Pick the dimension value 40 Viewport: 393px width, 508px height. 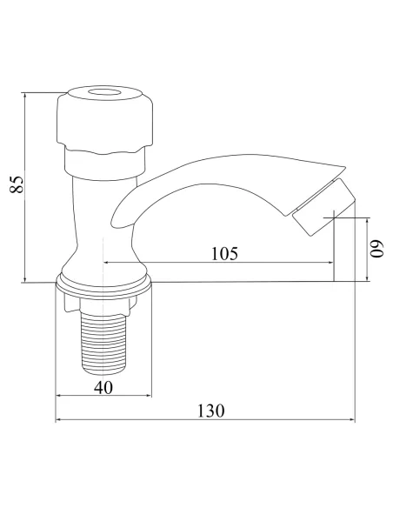point(103,388)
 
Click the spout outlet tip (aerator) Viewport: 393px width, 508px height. point(323,207)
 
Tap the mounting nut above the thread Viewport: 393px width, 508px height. point(103,302)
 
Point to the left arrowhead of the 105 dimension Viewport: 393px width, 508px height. point(109,263)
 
